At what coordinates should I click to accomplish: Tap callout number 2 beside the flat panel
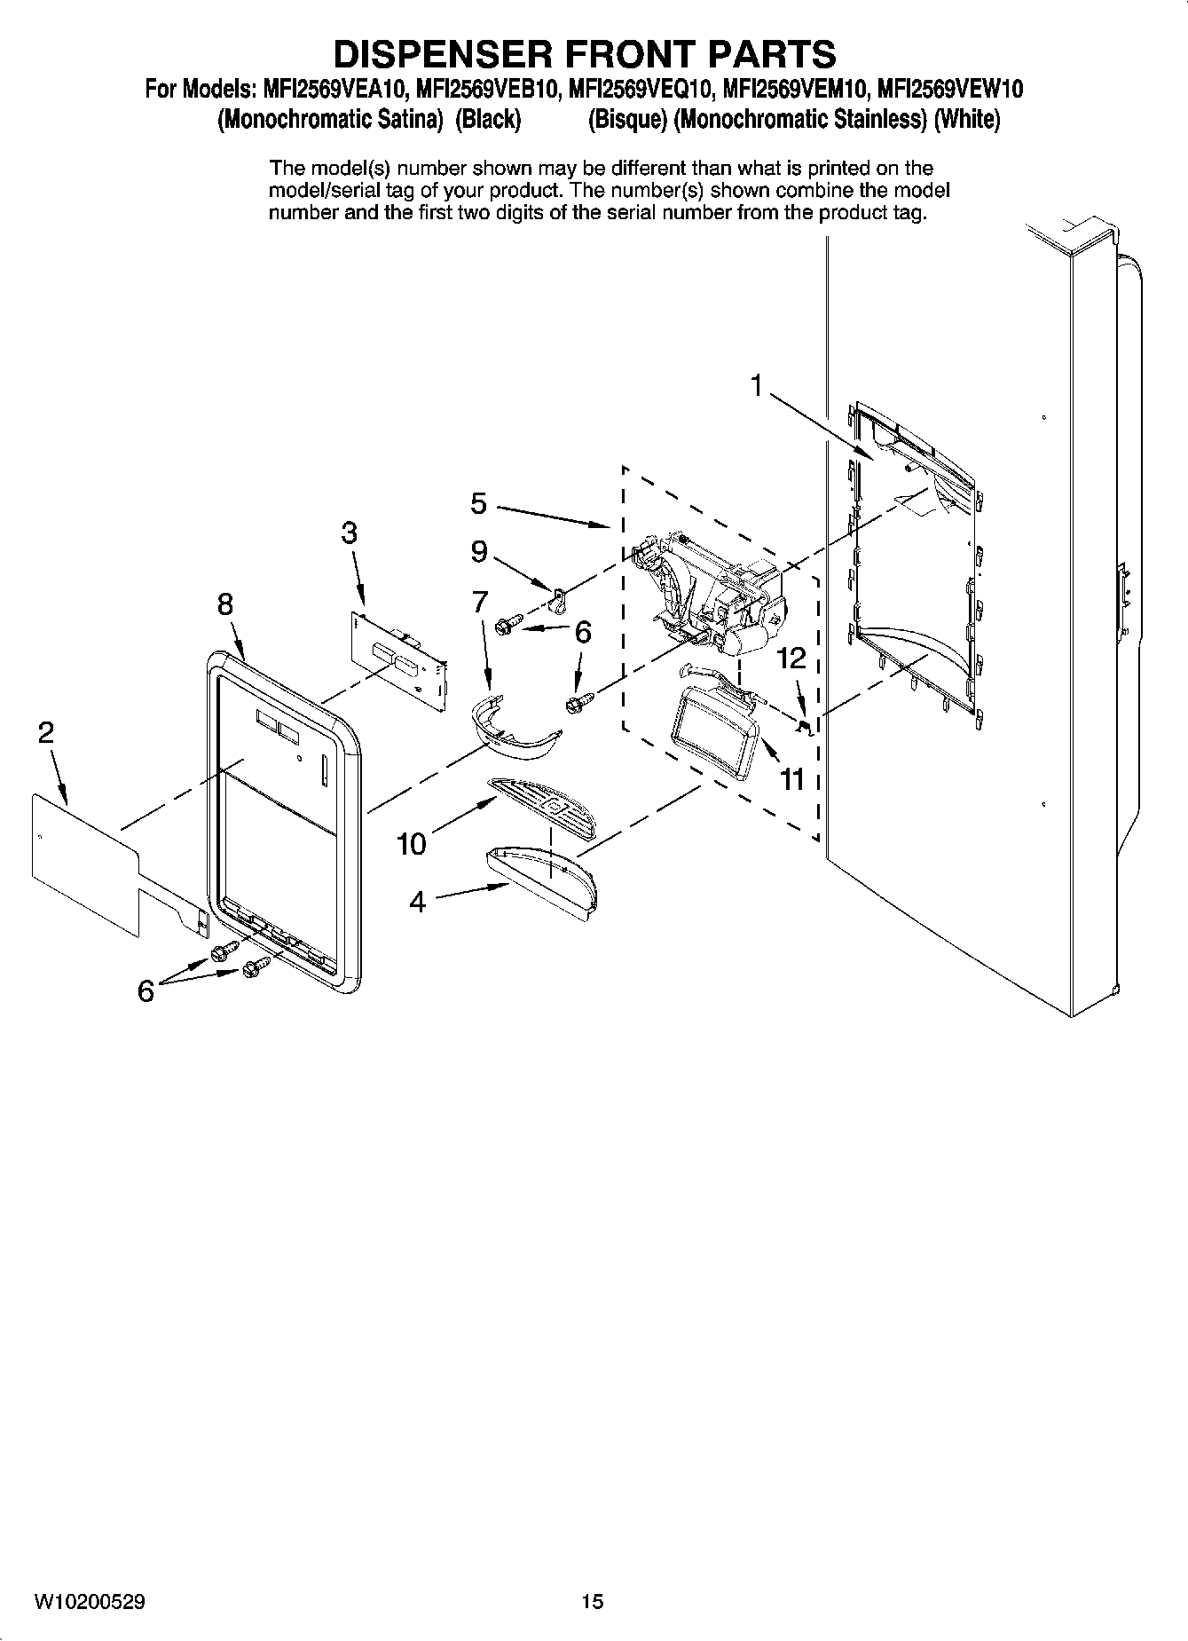(45, 733)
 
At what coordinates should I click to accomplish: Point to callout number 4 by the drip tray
(417, 902)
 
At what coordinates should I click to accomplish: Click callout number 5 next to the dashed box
(478, 504)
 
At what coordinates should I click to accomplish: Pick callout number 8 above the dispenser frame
(225, 604)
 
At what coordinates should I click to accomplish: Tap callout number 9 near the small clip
(478, 552)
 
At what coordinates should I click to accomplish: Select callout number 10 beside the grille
(412, 843)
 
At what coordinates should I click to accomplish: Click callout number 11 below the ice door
(791, 779)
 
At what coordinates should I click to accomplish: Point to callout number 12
(791, 658)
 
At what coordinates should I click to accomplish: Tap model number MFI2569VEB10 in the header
(486, 90)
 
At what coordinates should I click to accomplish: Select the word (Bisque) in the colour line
(627, 119)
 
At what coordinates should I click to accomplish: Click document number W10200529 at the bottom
(90, 1602)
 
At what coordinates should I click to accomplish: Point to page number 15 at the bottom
(592, 1602)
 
